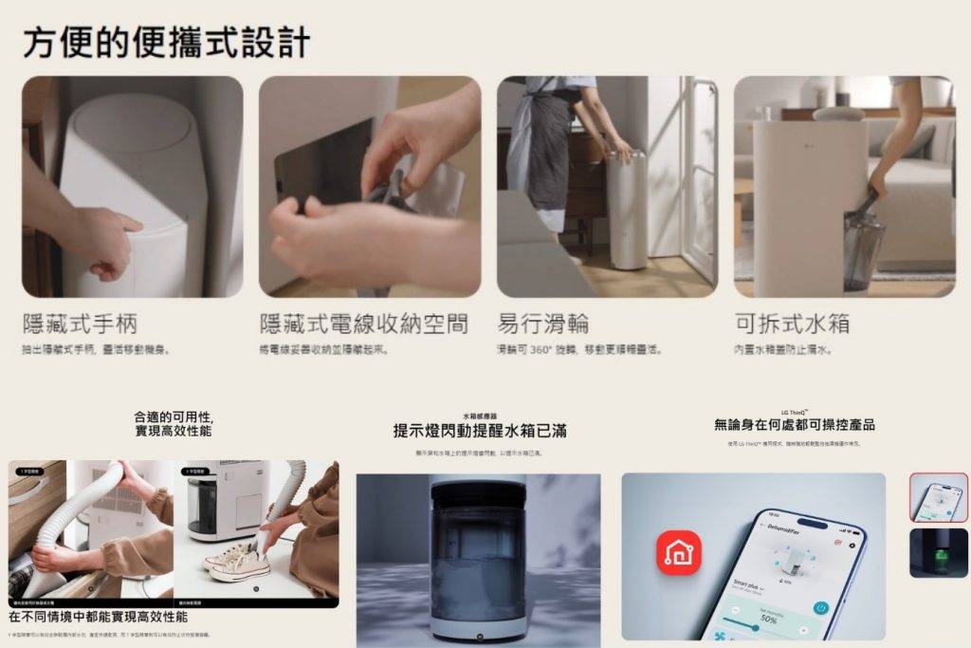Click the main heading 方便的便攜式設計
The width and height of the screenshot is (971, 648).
click(166, 43)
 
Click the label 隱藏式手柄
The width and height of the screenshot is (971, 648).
click(80, 324)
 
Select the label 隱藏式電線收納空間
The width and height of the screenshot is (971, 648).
click(363, 324)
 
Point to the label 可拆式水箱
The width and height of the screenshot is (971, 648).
click(792, 324)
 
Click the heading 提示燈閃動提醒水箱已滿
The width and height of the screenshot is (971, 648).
click(480, 432)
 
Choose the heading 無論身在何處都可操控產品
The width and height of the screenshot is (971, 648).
click(795, 425)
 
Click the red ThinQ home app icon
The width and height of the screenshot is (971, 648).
click(679, 553)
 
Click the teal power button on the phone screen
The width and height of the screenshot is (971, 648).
click(821, 607)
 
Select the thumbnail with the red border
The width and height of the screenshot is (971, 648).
click(939, 497)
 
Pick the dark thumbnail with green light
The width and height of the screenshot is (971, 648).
click(939, 553)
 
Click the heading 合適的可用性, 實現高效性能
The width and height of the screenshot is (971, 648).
click(174, 424)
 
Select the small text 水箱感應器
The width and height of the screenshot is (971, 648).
click(480, 416)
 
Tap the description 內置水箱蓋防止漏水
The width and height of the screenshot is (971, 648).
click(782, 350)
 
